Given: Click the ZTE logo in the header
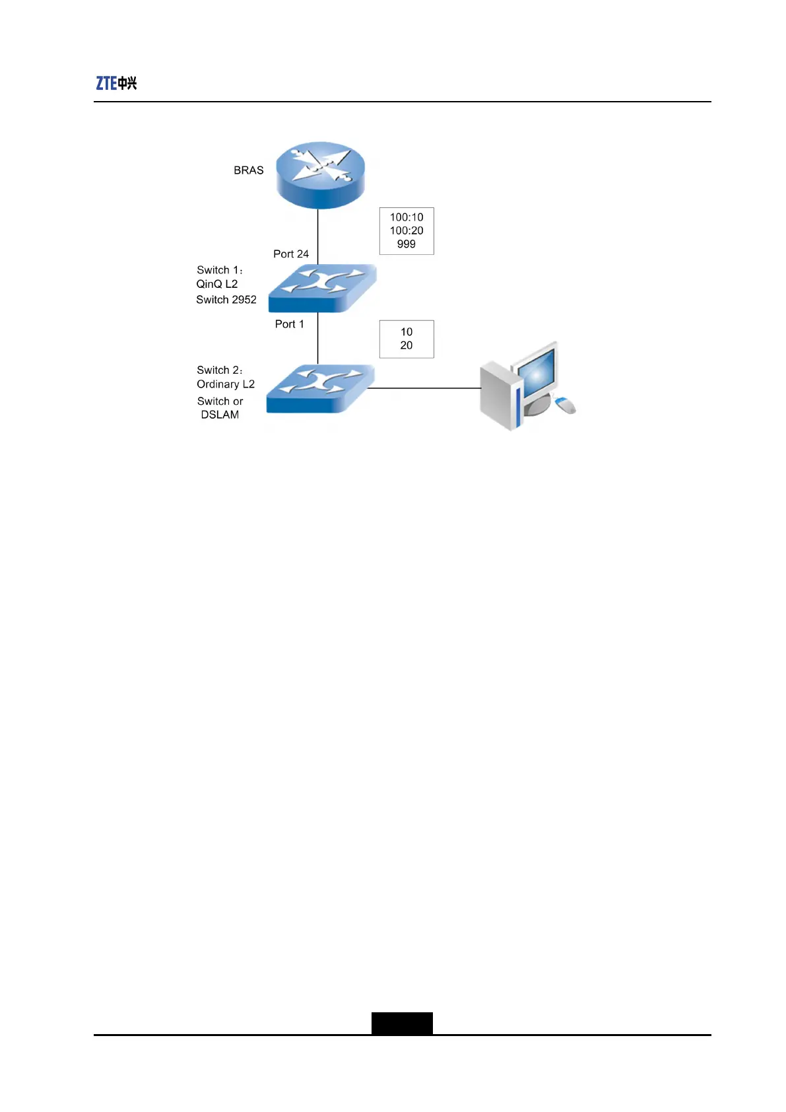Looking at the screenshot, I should point(116,83).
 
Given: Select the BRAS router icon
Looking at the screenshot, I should point(320,174).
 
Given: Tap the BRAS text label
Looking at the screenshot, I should point(248,170).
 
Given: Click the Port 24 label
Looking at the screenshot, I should point(291,254).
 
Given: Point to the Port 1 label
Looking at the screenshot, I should point(289,324).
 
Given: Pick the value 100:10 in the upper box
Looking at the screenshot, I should point(407,217).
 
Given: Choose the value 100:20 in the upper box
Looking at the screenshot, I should point(407,230).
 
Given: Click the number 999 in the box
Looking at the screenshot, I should point(407,244).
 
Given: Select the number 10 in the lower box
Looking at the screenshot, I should point(407,332).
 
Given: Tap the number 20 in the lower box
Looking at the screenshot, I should point(407,345).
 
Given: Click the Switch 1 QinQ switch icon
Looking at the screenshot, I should point(322,288).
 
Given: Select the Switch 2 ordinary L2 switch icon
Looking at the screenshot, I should point(320,389).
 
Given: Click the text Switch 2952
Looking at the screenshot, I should point(226,300).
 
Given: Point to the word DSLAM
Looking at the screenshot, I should point(220,415).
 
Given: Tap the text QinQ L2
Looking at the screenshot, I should point(217,284).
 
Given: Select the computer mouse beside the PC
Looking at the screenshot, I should point(566,405).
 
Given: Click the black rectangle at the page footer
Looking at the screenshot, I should point(402,1023).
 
